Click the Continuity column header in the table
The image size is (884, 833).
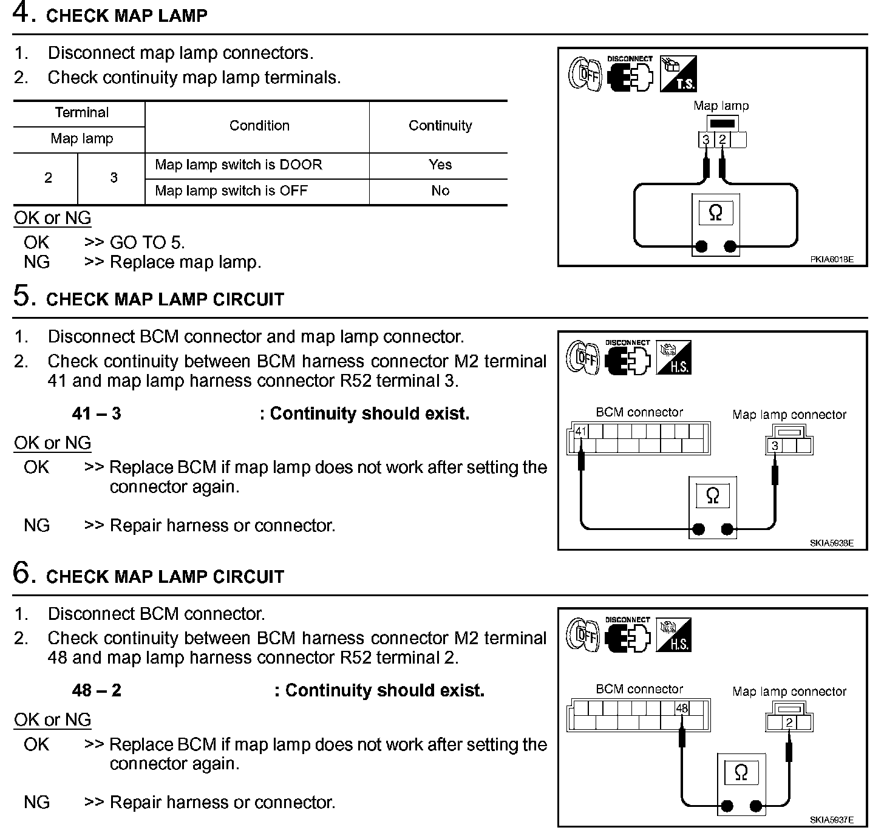(x=440, y=126)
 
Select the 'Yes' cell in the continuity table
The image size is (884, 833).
(x=440, y=165)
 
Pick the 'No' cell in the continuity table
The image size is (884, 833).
(x=440, y=191)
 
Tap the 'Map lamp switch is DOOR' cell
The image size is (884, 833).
(x=238, y=165)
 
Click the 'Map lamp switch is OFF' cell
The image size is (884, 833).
(x=231, y=191)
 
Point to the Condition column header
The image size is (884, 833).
(x=259, y=126)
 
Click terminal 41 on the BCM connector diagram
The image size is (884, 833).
(x=581, y=432)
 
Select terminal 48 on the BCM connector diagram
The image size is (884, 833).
(x=682, y=708)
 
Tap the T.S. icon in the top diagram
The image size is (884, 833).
(x=678, y=74)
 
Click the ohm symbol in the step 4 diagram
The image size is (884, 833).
(x=716, y=213)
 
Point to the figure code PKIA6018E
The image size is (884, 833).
(x=831, y=259)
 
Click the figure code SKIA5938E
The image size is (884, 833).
(x=831, y=543)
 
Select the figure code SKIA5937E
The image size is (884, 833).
(x=831, y=820)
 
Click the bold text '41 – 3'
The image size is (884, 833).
(x=97, y=414)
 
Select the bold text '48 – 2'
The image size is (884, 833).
(x=97, y=691)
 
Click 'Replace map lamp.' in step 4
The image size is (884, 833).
(x=185, y=262)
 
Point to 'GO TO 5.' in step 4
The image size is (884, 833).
(x=147, y=243)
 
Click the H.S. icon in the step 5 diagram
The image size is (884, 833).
(x=674, y=358)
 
